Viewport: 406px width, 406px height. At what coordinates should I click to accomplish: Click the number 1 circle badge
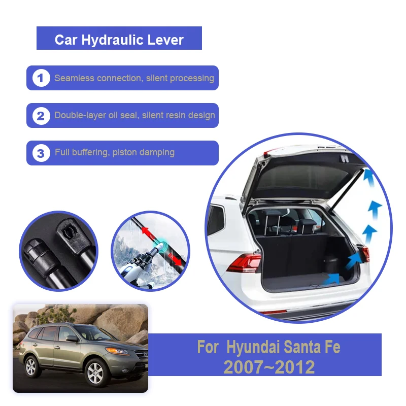pyautogui.click(x=41, y=78)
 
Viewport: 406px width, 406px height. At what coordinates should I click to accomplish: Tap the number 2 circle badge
pyautogui.click(x=41, y=116)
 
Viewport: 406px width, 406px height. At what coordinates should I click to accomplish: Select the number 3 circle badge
pyautogui.click(x=41, y=153)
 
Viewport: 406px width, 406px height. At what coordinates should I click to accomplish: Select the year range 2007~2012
pyautogui.click(x=269, y=366)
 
